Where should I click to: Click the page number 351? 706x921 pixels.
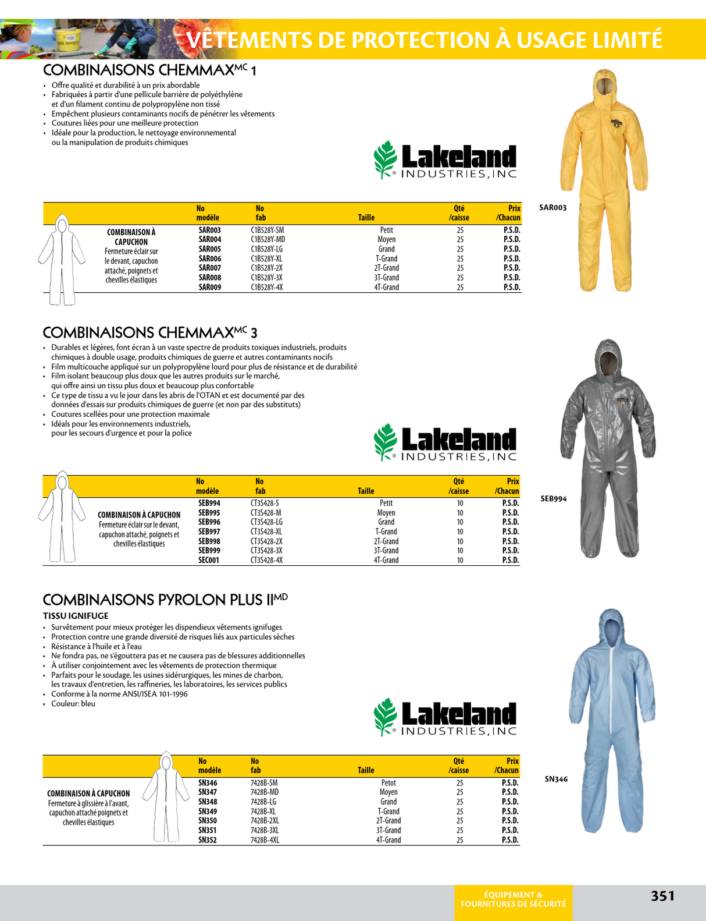[662, 895]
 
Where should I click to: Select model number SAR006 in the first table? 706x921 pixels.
[210, 258]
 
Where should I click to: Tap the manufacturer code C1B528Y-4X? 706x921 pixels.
[267, 287]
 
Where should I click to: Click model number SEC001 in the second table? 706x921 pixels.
[209, 560]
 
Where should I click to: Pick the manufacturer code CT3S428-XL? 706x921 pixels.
[266, 532]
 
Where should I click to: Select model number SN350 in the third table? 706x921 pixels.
[208, 821]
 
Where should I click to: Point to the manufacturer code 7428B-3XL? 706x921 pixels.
[265, 830]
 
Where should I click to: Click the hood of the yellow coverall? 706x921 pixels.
[605, 84]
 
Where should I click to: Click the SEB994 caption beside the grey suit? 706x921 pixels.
[553, 499]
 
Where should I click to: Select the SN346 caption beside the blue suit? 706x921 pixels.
[556, 779]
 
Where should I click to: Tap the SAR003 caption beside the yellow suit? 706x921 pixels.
[552, 208]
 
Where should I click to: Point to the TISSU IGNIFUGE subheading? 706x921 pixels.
[76, 616]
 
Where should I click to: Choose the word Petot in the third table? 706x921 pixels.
[388, 783]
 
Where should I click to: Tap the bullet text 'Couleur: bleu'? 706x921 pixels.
[73, 703]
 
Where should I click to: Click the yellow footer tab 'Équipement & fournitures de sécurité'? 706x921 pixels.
[513, 899]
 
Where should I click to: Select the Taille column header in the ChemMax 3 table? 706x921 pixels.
[366, 491]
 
